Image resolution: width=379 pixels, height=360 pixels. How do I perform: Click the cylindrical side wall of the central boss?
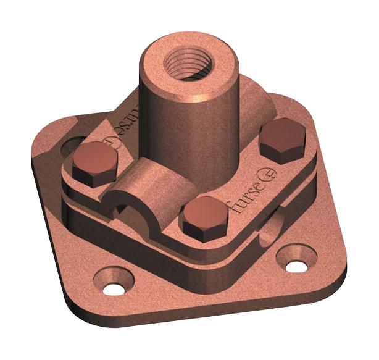point(170,123)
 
